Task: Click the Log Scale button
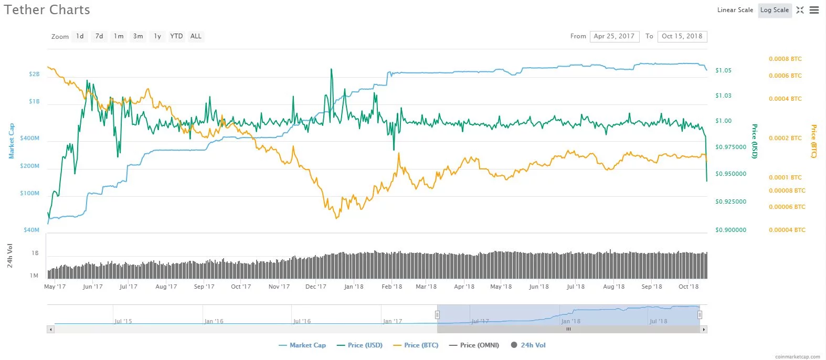click(775, 10)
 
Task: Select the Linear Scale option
click(735, 10)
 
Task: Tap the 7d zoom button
click(99, 36)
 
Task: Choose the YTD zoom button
click(176, 36)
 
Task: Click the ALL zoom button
click(196, 36)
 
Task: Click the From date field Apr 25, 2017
click(614, 36)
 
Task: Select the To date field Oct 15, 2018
click(682, 36)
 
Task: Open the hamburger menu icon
click(814, 10)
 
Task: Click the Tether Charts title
click(47, 10)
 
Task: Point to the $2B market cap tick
click(34, 75)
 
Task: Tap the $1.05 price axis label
click(723, 70)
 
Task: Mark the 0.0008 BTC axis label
click(785, 59)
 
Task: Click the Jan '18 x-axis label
click(354, 287)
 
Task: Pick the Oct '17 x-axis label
click(241, 287)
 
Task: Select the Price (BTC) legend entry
click(416, 345)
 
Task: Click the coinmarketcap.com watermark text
click(797, 357)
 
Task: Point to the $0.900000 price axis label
click(730, 230)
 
